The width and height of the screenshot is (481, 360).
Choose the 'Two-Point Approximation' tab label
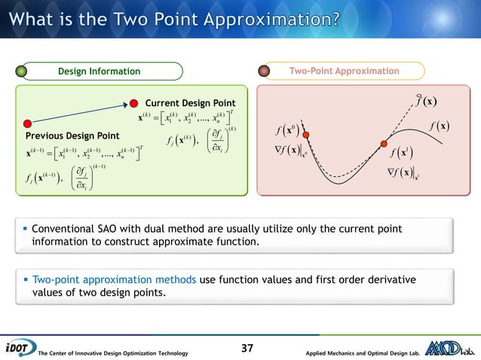tap(345, 72)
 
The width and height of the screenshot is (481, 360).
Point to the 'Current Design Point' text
tap(190, 103)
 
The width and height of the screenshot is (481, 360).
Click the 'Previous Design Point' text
tap(72, 136)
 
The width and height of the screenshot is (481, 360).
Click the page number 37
tap(248, 348)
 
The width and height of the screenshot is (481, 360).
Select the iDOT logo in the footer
tap(18, 348)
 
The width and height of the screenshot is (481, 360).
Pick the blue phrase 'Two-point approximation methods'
tap(114, 280)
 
